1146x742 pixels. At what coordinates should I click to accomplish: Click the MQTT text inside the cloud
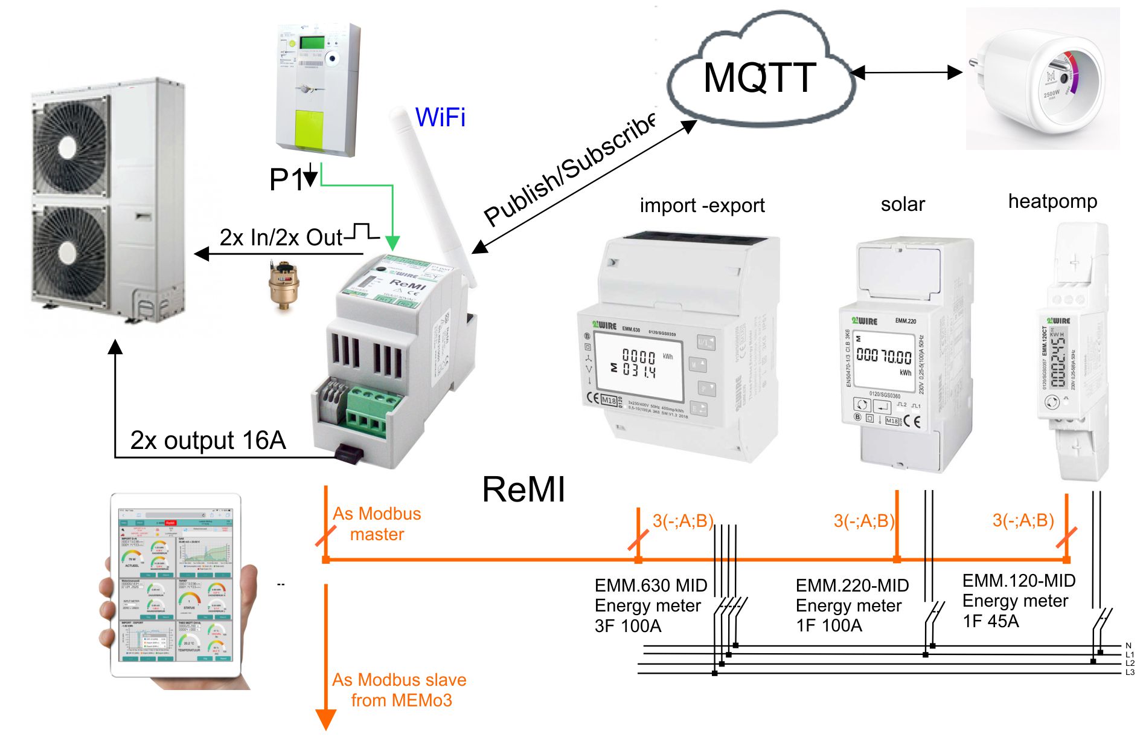pyautogui.click(x=760, y=78)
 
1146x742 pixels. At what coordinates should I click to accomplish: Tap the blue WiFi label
pyautogui.click(x=440, y=117)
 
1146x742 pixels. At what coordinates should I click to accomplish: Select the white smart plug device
pyautogui.click(x=1043, y=79)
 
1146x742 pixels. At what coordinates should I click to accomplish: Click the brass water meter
pyautogui.click(x=281, y=285)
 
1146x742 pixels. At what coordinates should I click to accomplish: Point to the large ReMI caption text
pyautogui.click(x=523, y=489)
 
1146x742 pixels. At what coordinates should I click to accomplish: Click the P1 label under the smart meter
pyautogui.click(x=286, y=179)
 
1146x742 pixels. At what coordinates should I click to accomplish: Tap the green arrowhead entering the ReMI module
pyautogui.click(x=392, y=243)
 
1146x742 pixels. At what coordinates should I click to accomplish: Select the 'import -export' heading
pyautogui.click(x=702, y=205)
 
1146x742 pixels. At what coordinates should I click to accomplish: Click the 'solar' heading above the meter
pyautogui.click(x=902, y=204)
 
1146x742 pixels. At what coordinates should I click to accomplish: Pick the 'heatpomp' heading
pyautogui.click(x=1052, y=201)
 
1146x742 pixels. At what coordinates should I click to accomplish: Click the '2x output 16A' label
pyautogui.click(x=208, y=440)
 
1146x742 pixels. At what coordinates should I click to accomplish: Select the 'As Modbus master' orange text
pyautogui.click(x=377, y=524)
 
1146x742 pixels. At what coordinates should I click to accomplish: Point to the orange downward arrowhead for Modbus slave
pyautogui.click(x=326, y=720)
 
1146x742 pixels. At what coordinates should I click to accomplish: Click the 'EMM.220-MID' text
pyautogui.click(x=852, y=586)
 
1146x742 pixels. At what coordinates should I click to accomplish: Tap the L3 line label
pyautogui.click(x=1130, y=672)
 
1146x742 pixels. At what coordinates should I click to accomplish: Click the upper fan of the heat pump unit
pyautogui.click(x=71, y=146)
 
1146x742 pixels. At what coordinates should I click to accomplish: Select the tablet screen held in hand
pyautogui.click(x=175, y=584)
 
